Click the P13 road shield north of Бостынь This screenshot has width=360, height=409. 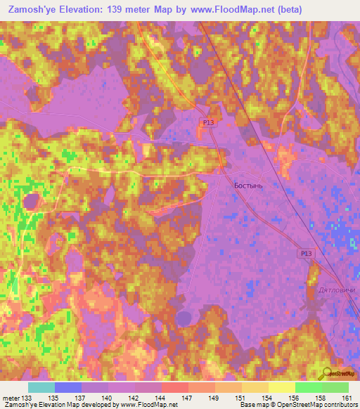tap(207, 122)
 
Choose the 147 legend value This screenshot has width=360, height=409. tap(188, 398)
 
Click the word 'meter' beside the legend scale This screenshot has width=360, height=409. tap(11, 398)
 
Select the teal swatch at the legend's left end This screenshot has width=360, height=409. tap(41, 387)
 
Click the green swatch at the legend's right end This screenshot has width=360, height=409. tap(335, 387)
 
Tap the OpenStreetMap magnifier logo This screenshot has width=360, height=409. tap(328, 373)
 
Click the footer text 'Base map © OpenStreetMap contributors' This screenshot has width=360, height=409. tap(298, 405)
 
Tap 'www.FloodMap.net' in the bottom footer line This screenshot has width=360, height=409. tap(148, 405)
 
